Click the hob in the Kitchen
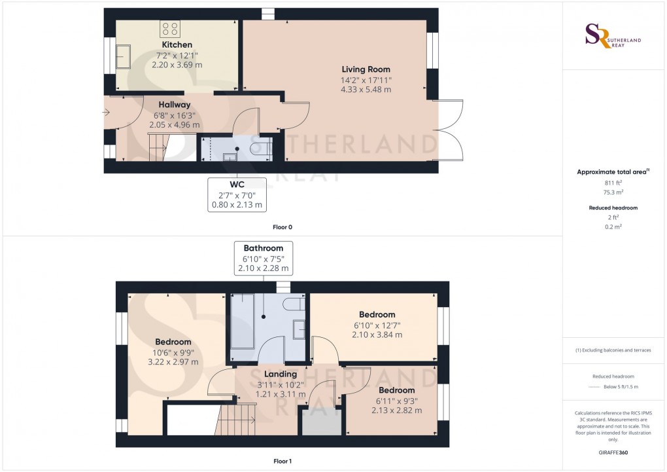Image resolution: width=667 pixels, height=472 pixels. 170,28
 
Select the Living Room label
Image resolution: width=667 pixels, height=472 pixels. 366,69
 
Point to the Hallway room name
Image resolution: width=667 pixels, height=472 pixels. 174,105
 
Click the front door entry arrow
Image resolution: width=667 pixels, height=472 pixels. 107,113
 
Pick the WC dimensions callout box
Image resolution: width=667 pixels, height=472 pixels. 236,194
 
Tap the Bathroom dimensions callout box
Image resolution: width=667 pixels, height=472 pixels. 264,258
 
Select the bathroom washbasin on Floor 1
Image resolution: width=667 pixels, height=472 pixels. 299,329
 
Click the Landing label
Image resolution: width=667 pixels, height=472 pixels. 280,374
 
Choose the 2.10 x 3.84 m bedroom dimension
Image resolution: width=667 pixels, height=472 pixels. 377,335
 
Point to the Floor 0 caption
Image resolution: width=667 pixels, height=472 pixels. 282,227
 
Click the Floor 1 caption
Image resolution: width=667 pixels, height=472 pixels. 282,461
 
